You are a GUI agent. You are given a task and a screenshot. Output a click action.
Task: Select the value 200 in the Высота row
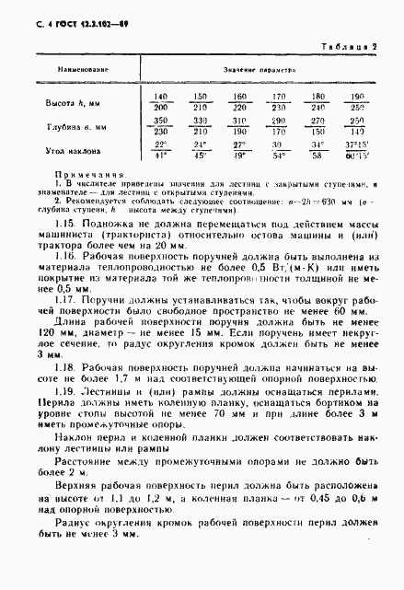[162, 107]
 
